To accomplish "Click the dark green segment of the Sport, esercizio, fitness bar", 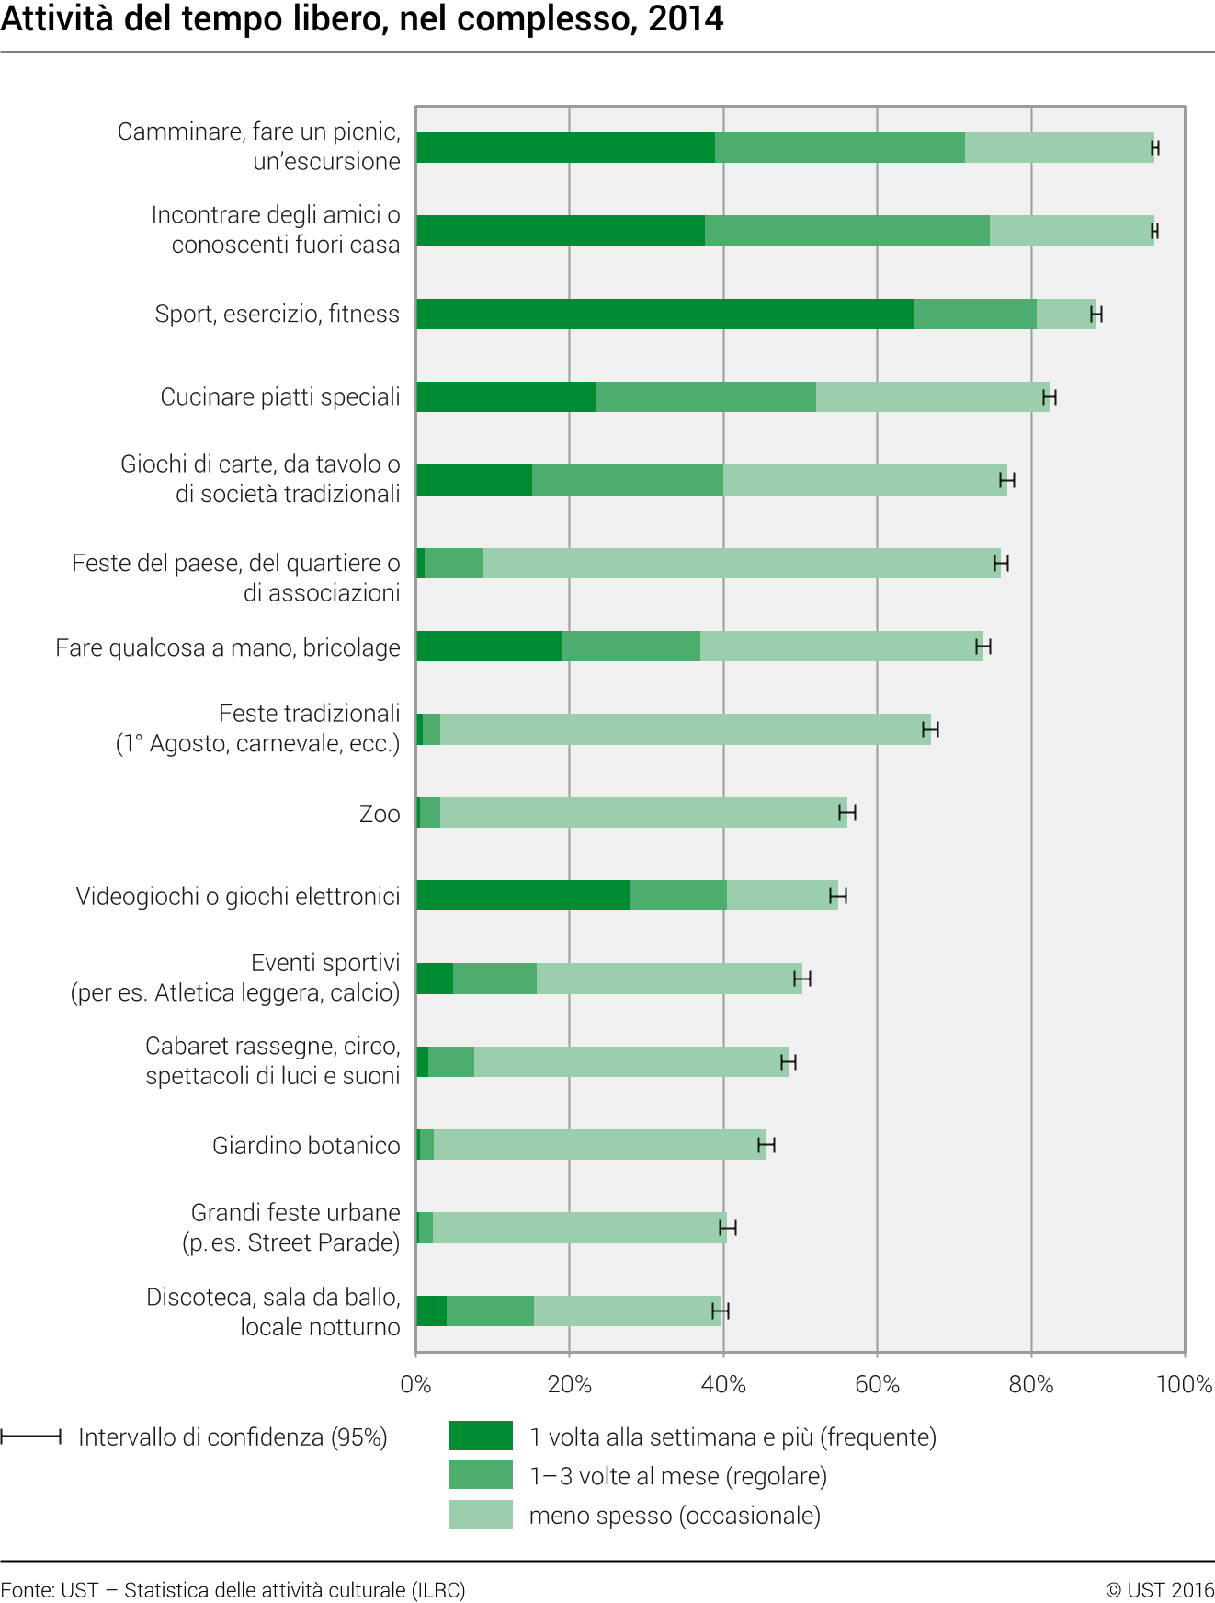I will coord(664,315).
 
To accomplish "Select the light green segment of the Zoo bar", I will coord(643,813).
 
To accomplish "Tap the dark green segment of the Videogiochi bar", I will coord(523,896).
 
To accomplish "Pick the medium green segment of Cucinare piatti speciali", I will coord(705,397).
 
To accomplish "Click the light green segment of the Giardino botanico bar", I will coord(599,1145).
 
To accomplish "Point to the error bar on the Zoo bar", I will coord(847,813).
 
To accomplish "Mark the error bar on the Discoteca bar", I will coord(721,1311).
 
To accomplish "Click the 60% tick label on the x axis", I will coord(877,1384).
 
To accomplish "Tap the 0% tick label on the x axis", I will coord(415,1384).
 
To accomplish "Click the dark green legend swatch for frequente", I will coord(481,1436).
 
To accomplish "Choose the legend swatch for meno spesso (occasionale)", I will coord(481,1515).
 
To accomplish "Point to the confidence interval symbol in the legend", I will coord(31,1437).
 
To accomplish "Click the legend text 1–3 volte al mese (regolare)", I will coord(677,1476).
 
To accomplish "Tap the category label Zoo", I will coord(380,814).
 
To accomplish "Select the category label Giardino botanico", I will coord(306,1146).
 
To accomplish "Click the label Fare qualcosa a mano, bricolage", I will coord(228,648).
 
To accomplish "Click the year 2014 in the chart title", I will coord(686,19).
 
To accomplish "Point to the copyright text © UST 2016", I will coord(1160,1590).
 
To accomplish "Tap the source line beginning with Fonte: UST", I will coord(233,1590).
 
